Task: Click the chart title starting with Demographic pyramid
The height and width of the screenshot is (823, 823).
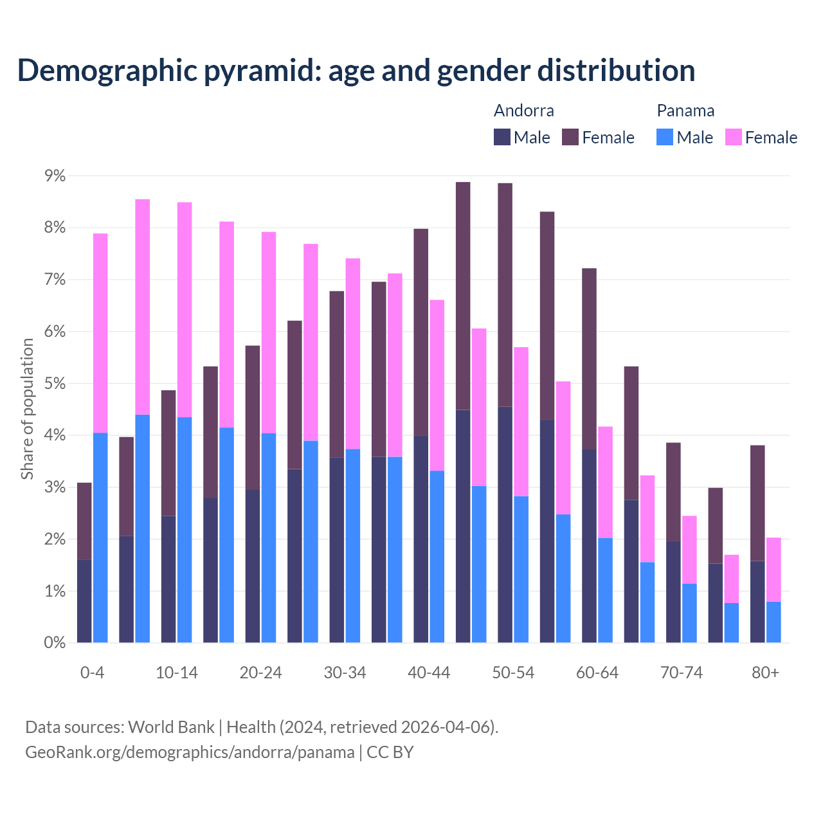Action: [x=356, y=70]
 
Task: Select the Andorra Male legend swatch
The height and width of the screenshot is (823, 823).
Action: [x=502, y=137]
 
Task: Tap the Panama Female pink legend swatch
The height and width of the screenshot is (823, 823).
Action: [x=733, y=137]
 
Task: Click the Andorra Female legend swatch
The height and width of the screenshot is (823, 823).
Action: [x=570, y=137]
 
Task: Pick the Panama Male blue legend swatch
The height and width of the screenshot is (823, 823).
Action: [x=665, y=137]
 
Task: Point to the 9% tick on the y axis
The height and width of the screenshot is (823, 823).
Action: [x=55, y=176]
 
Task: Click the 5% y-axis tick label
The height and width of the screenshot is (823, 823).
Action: [x=55, y=384]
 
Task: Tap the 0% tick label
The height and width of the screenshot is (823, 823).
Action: [x=55, y=642]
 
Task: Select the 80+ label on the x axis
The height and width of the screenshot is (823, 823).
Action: [x=765, y=673]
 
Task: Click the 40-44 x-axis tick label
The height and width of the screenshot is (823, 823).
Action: [x=429, y=673]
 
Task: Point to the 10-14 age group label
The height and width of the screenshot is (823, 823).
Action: [x=177, y=673]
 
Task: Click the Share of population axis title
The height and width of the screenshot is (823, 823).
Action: [x=28, y=409]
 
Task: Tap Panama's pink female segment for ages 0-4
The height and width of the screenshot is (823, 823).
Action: [x=100, y=333]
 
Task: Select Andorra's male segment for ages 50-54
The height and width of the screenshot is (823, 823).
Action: [x=505, y=524]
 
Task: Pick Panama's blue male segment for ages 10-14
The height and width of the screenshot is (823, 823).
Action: [x=185, y=530]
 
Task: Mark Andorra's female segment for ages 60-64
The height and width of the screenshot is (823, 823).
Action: [x=589, y=359]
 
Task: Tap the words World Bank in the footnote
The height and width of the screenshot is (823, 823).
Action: [x=171, y=727]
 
